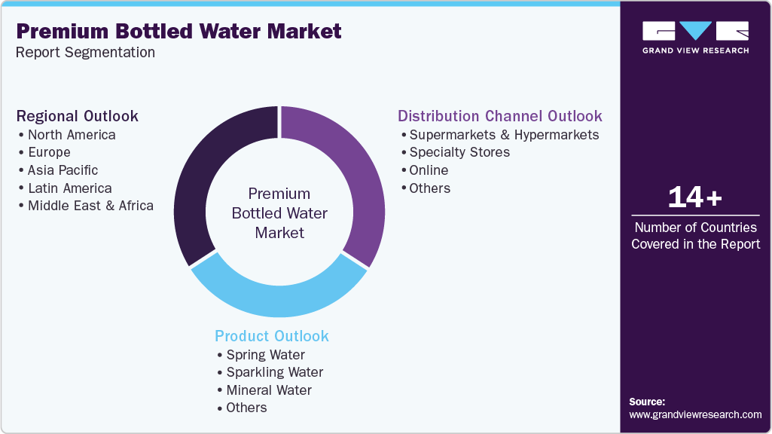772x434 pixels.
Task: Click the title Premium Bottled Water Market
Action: tap(179, 31)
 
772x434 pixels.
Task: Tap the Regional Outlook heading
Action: tap(78, 116)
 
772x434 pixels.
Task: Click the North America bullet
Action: tap(72, 135)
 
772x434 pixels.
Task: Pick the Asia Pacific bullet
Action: tap(63, 170)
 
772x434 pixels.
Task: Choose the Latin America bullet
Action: tap(69, 188)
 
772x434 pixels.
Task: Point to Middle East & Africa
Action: tap(90, 206)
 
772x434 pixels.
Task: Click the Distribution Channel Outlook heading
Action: tap(500, 116)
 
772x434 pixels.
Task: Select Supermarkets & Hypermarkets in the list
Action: tap(504, 135)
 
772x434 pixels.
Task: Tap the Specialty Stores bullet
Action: tap(459, 152)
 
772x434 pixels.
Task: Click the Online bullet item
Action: tap(429, 170)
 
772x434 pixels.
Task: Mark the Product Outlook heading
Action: tap(272, 336)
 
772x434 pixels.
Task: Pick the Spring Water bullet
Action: tap(265, 355)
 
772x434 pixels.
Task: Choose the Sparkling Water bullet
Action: tap(275, 372)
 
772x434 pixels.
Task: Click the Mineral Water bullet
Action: tap(269, 390)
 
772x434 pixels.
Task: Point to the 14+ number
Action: tap(695, 198)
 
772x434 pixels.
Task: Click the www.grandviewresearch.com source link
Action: tap(695, 414)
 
